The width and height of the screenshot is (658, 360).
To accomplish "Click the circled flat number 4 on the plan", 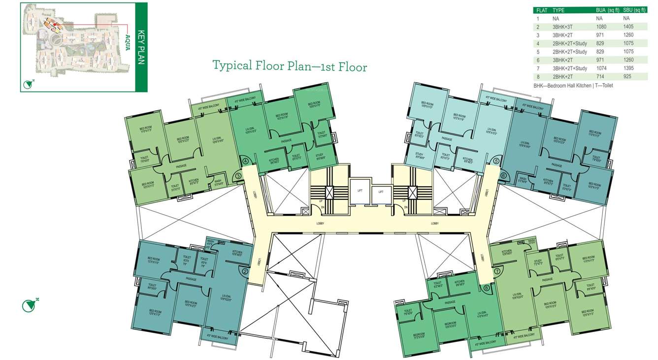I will [245, 161].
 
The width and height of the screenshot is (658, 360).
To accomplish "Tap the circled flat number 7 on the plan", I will [497, 271].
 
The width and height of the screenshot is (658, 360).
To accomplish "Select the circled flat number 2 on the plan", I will [245, 270].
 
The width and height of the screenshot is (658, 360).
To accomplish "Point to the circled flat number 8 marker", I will [487, 288].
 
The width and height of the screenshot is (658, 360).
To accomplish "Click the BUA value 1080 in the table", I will [601, 27].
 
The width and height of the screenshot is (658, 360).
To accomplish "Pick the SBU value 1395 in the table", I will [628, 68].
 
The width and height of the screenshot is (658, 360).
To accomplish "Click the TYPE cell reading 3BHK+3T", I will [562, 27].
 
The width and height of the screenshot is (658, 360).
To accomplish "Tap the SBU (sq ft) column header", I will [635, 10].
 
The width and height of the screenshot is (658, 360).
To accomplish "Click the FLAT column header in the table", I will [542, 10].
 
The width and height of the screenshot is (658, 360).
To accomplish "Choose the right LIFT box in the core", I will [380, 192].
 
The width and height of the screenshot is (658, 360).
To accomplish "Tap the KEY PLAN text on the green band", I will [141, 47].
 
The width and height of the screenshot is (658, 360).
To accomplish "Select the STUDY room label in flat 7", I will [538, 262].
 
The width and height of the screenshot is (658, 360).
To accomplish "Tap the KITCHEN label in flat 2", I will [236, 253].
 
